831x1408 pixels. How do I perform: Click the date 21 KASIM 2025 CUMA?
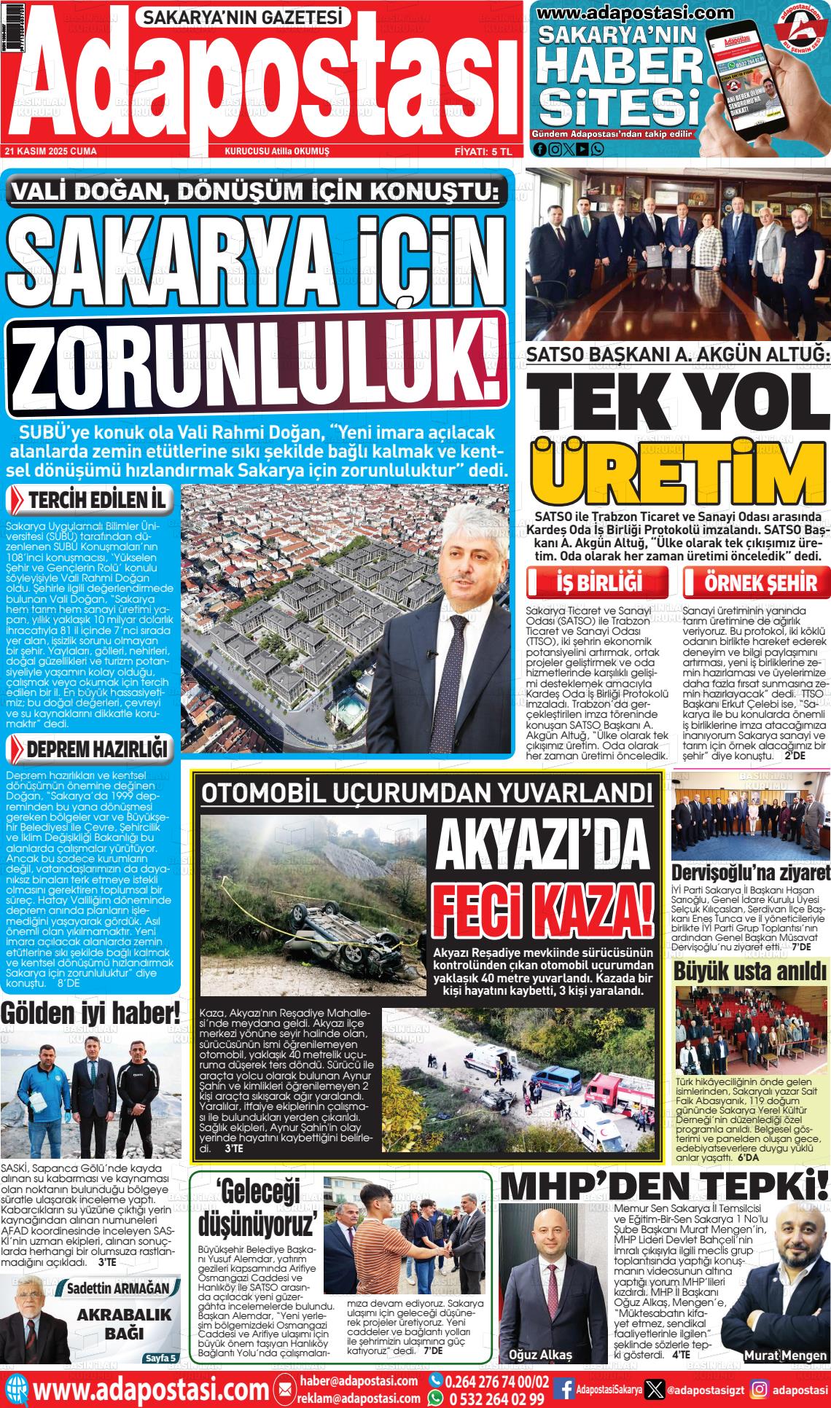(x=51, y=151)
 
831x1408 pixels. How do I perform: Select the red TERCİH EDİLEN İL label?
(x=91, y=500)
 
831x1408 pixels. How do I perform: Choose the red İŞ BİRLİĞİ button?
(x=598, y=583)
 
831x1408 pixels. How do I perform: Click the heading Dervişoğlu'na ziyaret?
(x=751, y=872)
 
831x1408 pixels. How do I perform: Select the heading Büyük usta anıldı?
(x=751, y=971)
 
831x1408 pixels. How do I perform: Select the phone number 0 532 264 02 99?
(x=496, y=1398)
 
